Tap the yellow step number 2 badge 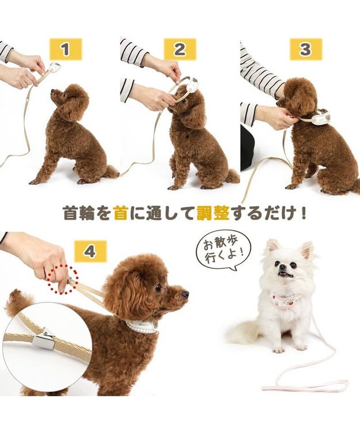[x=180, y=50]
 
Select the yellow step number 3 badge [x=305, y=50]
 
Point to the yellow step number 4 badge [x=90, y=252]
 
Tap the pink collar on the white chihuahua [x=286, y=299]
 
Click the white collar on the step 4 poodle [x=141, y=325]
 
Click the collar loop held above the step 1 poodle [x=54, y=67]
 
